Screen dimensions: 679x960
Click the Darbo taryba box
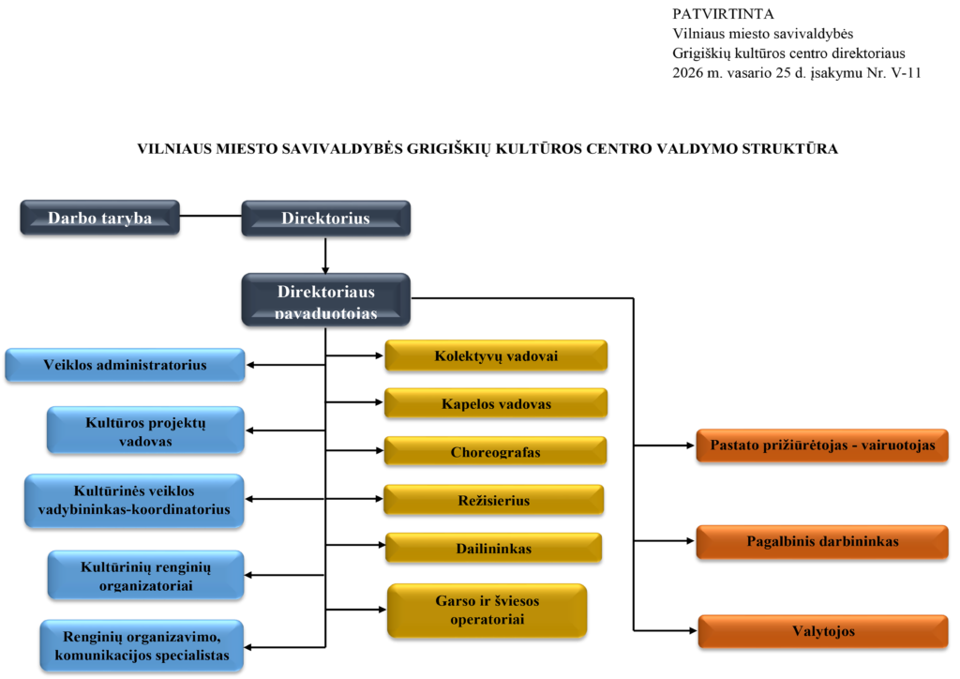coord(99,218)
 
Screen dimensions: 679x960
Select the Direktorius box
coord(325,218)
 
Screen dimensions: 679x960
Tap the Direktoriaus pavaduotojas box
coord(325,300)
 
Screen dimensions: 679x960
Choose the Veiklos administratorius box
coord(125,365)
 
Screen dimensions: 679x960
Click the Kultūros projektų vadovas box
coord(145,430)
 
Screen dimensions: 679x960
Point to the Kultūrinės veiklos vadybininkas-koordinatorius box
coord(134,501)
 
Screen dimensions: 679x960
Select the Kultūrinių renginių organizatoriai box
coord(145,575)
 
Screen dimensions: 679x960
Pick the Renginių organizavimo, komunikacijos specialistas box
coord(142,646)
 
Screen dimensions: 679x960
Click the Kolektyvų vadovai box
coord(496,355)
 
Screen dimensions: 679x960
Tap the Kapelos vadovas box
coord(496,403)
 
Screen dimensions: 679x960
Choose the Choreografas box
coord(495,451)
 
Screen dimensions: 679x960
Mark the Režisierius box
coord(493,500)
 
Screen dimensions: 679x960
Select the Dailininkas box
coord(493,548)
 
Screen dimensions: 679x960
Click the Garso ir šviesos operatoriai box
coord(487,611)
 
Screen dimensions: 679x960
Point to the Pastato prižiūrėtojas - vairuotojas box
coord(822,445)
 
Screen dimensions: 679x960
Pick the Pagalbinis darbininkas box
coord(822,541)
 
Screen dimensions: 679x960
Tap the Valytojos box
coord(823,631)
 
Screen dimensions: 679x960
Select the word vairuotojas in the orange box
coord(896,445)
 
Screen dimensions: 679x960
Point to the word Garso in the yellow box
coord(455,601)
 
